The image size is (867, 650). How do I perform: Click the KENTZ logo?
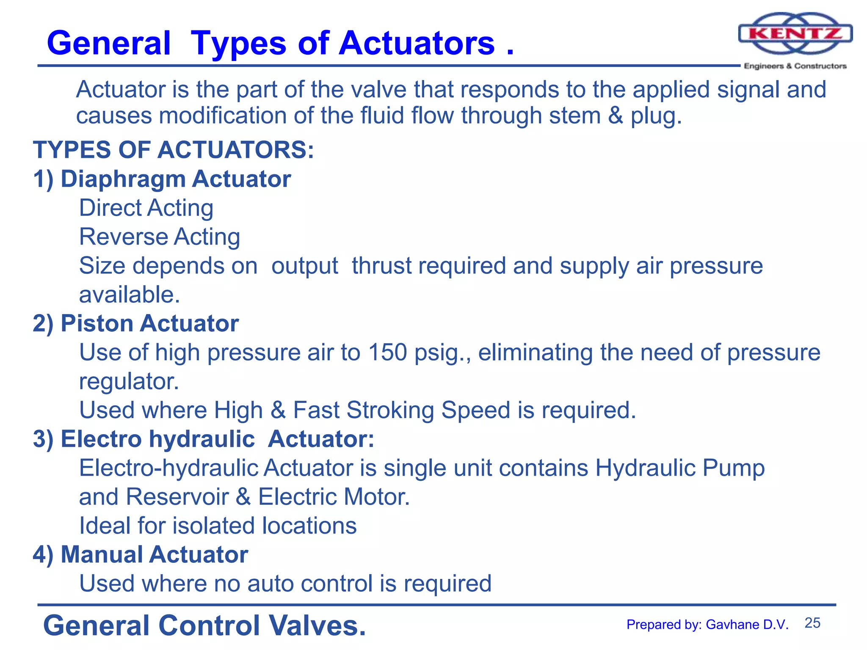[x=795, y=34]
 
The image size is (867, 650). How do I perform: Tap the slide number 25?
[x=812, y=623]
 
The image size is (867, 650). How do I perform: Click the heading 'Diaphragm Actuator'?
[x=176, y=179]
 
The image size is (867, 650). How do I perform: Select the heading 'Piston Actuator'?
[x=150, y=324]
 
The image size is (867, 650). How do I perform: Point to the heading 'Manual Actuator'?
[x=154, y=554]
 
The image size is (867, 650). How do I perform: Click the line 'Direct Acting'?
[x=146, y=208]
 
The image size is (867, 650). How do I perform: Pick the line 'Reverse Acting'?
[x=160, y=237]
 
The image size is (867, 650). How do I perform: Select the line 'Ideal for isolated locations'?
[x=218, y=526]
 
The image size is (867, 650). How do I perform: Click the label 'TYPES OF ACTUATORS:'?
[x=174, y=150]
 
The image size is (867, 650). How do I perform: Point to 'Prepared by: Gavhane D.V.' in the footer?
[x=707, y=625]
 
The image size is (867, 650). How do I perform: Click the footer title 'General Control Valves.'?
[x=204, y=625]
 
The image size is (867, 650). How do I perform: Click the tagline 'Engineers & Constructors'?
[x=795, y=66]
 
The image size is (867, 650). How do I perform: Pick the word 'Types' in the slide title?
[x=238, y=44]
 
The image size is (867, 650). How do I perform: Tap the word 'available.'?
[x=130, y=295]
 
